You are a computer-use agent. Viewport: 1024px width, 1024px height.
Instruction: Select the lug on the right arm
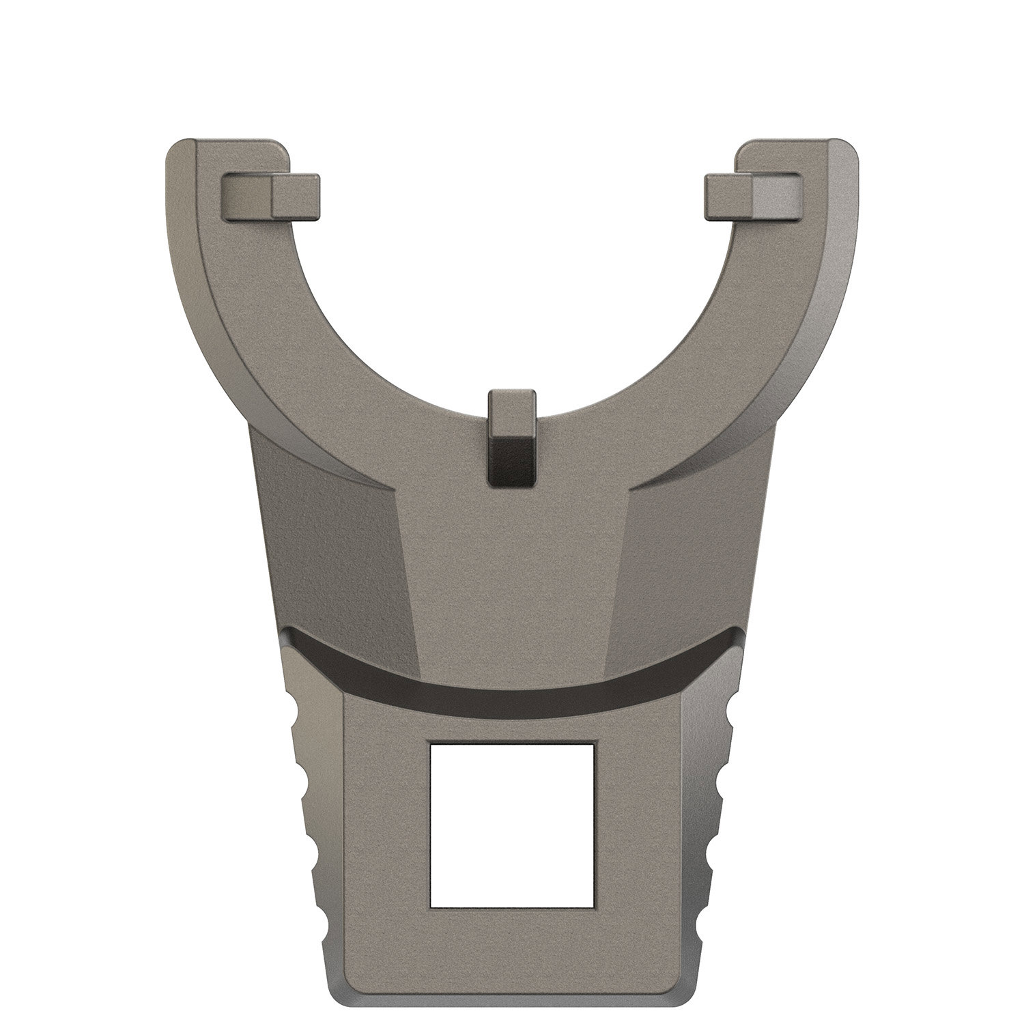click(754, 197)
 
